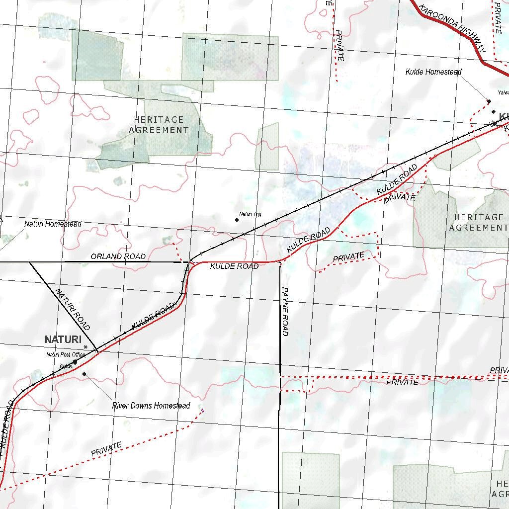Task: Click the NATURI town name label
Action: coord(63,339)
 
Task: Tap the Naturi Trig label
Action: coord(250,215)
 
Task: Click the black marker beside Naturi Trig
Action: coord(237,219)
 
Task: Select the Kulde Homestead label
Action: coord(433,72)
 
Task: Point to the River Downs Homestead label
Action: coord(151,406)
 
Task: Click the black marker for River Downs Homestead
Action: coord(85,374)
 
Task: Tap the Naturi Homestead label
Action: coord(53,224)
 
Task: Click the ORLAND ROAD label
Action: coord(118,256)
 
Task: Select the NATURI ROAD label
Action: coord(73,310)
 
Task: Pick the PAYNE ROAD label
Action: coord(285,311)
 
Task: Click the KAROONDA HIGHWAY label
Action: coord(452,28)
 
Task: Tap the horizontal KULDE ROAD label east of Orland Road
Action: coord(234,266)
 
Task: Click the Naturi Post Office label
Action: coord(66,355)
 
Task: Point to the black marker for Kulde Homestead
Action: coord(489,101)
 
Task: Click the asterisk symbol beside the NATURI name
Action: coord(85,347)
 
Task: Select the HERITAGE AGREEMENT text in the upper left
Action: coord(159,125)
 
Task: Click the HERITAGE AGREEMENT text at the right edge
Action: coord(478,222)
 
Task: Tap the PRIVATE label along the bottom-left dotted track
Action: coord(106,449)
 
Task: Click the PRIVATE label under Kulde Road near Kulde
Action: coord(400,197)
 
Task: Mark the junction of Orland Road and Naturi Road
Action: coord(30,261)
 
